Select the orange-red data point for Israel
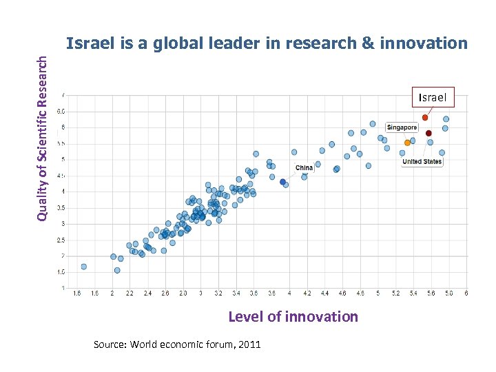pos(425,118)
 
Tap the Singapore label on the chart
pos(402,127)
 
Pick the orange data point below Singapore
pos(407,143)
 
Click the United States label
pos(422,162)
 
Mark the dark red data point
pos(428,133)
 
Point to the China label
pos(304,167)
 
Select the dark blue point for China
pos(282,182)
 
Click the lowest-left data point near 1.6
pos(83,266)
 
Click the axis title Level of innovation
pos(293,317)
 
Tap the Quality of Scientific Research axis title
pos(43,138)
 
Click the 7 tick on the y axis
pos(64,95)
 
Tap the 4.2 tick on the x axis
pos(307,293)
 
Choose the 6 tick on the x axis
pos(466,293)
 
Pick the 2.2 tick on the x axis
pos(130,293)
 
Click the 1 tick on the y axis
pos(64,288)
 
